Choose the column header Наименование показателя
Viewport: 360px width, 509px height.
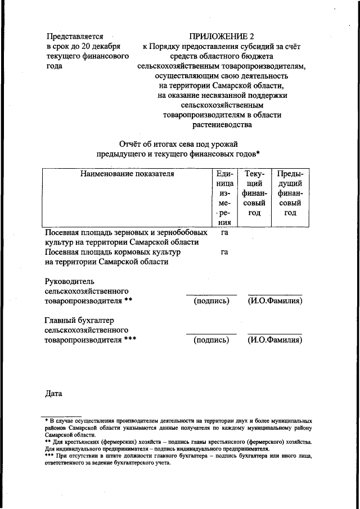(127, 173)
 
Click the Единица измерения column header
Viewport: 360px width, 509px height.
(224, 197)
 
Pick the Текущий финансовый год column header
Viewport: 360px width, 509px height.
(254, 193)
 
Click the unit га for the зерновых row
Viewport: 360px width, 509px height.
(224, 232)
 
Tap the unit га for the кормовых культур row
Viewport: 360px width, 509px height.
(224, 252)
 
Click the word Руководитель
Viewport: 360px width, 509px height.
(70, 281)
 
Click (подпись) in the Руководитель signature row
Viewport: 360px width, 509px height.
(211, 301)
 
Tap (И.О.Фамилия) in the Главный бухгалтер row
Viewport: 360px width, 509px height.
(275, 340)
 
